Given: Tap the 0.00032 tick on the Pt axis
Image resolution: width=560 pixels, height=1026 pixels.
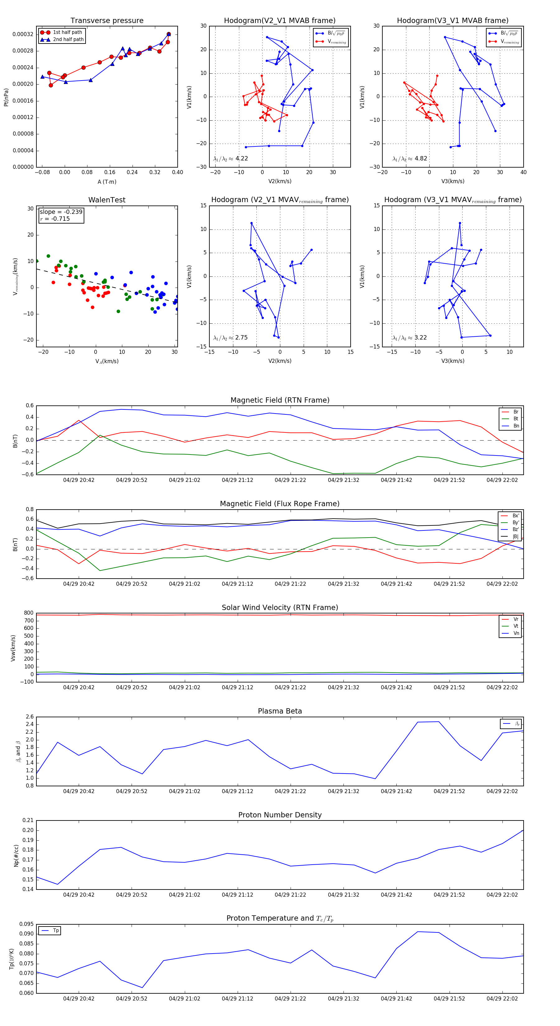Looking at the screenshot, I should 23,34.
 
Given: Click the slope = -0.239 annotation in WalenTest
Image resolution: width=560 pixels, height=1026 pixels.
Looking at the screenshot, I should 61,212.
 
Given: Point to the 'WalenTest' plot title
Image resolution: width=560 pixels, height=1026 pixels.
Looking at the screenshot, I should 107,200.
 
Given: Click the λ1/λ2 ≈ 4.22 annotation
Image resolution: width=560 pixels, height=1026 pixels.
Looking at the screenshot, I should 231,159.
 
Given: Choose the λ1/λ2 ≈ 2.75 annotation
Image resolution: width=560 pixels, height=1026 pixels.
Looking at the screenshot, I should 231,338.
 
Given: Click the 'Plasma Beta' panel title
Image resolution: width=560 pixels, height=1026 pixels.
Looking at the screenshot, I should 280,711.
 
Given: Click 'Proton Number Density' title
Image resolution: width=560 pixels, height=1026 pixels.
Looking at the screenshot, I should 280,815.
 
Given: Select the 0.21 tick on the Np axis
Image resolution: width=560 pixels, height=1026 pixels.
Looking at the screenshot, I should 28,820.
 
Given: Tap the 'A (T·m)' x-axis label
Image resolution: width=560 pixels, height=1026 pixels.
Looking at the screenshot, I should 107,182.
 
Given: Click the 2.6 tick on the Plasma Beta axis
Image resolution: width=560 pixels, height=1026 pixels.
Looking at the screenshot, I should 30,717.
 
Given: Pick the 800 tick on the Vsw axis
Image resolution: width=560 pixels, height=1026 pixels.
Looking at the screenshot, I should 28,613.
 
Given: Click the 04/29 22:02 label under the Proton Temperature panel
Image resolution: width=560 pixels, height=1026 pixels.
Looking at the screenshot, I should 502,999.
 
